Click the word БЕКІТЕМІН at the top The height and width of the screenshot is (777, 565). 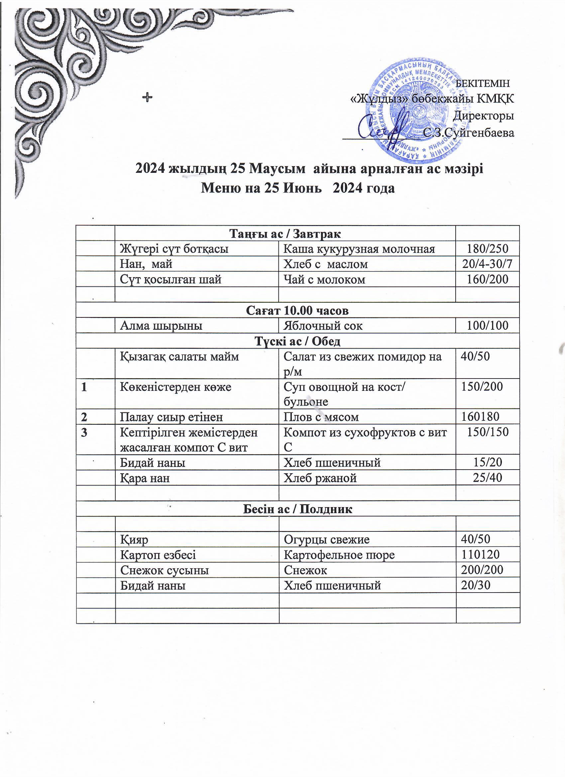pyautogui.click(x=484, y=83)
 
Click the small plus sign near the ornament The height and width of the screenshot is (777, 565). pyautogui.click(x=147, y=98)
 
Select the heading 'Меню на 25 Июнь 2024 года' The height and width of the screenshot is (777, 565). pyautogui.click(x=297, y=188)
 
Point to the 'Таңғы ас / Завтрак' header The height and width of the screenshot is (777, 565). pyautogui.click(x=285, y=234)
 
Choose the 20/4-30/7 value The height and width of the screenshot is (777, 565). pyautogui.click(x=488, y=264)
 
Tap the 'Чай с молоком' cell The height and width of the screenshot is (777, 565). pyautogui.click(x=324, y=279)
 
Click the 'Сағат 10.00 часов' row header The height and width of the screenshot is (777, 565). pyautogui.click(x=297, y=310)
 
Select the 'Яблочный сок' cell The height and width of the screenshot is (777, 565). pyautogui.click(x=323, y=325)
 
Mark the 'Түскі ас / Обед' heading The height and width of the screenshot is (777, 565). pyautogui.click(x=297, y=341)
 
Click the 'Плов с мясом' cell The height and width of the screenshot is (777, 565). pyautogui.click(x=321, y=417)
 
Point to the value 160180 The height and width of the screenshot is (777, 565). pyautogui.click(x=480, y=417)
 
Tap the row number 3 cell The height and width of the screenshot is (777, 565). pyautogui.click(x=84, y=433)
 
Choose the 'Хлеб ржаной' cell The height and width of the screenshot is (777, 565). pyautogui.click(x=320, y=478)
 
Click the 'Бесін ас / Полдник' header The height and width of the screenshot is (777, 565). pyautogui.click(x=297, y=509)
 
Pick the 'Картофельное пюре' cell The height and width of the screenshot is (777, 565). pyautogui.click(x=339, y=555)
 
